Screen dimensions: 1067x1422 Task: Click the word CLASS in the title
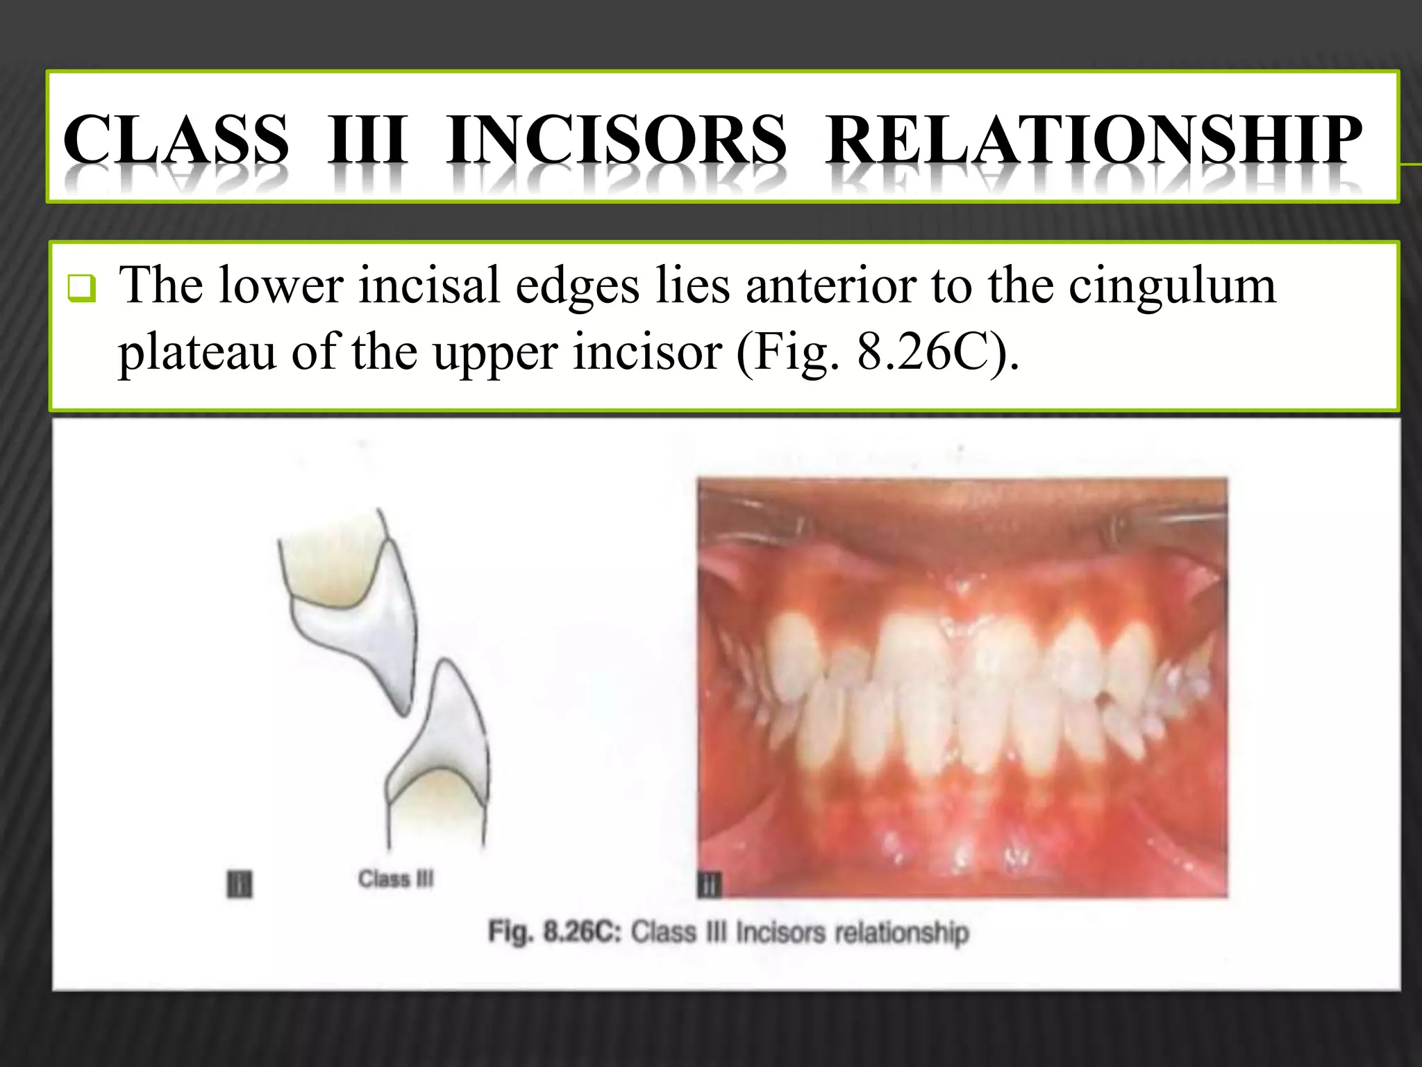click(176, 139)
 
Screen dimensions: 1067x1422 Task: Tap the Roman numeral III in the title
click(367, 139)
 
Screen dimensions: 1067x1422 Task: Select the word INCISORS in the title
click(617, 139)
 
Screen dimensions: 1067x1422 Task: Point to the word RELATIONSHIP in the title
click(1094, 139)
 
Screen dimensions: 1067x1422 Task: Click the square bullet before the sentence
click(81, 288)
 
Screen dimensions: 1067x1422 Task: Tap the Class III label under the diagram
click(396, 879)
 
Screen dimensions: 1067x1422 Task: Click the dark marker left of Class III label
click(240, 884)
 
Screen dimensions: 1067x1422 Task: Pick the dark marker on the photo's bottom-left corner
click(709, 885)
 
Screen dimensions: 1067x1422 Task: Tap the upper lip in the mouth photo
click(962, 514)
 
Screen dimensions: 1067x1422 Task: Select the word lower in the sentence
click(281, 286)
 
